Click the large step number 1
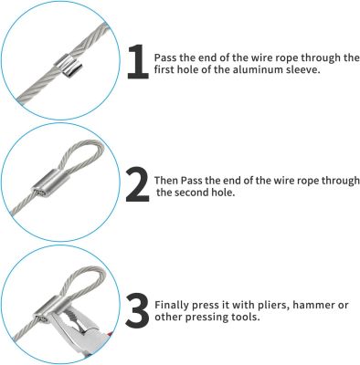138,62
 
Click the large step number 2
138,185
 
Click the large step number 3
137,310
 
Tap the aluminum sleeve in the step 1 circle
69,66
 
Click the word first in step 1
164,70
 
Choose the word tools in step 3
246,318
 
